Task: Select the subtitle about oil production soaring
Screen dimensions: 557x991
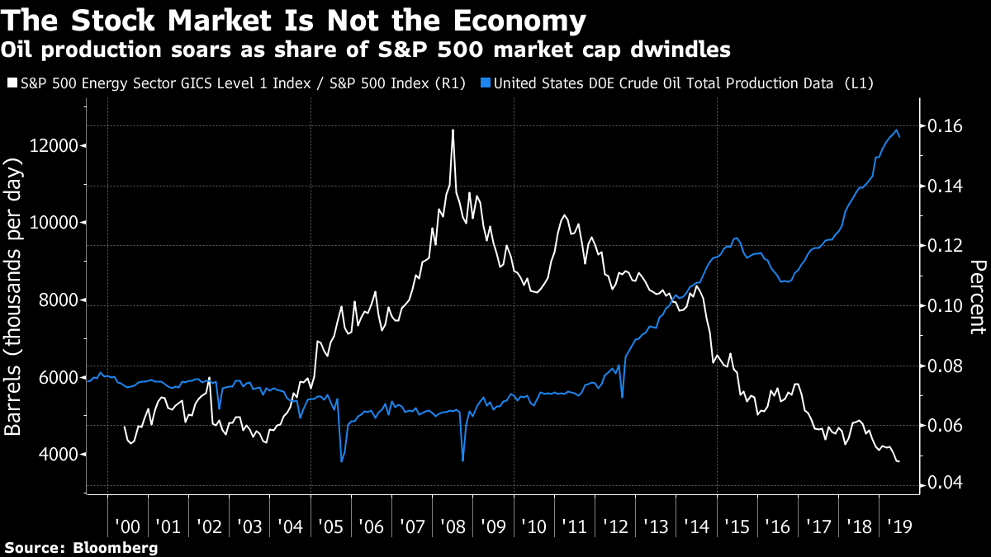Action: [367, 50]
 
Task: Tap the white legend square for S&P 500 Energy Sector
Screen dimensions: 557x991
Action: [11, 83]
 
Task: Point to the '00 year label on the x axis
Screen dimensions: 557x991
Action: [128, 526]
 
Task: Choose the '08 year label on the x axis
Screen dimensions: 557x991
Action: [452, 526]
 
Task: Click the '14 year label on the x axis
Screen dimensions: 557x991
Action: [695, 526]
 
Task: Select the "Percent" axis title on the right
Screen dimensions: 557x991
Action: [979, 297]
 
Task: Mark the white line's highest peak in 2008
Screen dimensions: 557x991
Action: [453, 130]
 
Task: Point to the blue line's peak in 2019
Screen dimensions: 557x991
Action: [896, 130]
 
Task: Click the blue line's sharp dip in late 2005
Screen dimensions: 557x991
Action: [342, 460]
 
